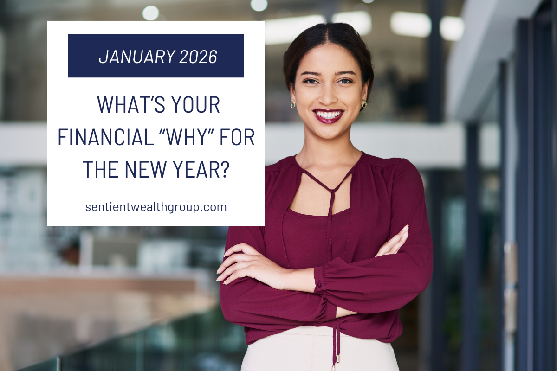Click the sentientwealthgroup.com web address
pos(156,207)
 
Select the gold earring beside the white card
pos(293,104)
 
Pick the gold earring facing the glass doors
pos(363,103)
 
